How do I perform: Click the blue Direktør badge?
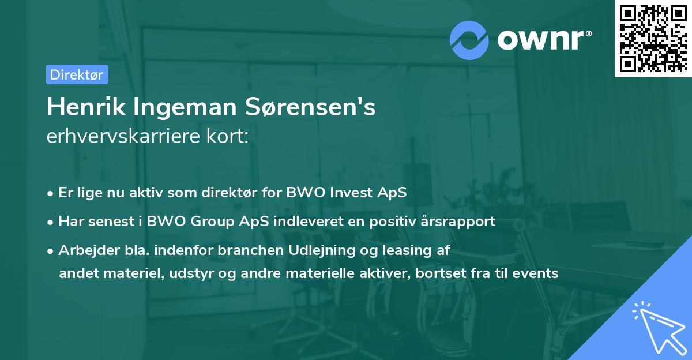point(77,74)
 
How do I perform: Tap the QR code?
point(653,38)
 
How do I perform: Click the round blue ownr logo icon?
point(469,40)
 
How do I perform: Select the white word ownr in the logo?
point(540,40)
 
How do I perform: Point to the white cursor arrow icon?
point(659,328)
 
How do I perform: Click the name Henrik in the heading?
point(86,107)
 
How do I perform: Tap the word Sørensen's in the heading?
point(310,107)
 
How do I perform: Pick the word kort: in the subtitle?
point(227,136)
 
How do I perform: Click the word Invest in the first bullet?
point(351,192)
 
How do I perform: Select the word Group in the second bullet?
point(212,222)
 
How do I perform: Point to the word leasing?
point(407,250)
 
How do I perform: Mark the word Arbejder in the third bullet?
point(89,250)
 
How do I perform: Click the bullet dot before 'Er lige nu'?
point(50,194)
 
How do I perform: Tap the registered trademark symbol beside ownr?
point(588,33)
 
